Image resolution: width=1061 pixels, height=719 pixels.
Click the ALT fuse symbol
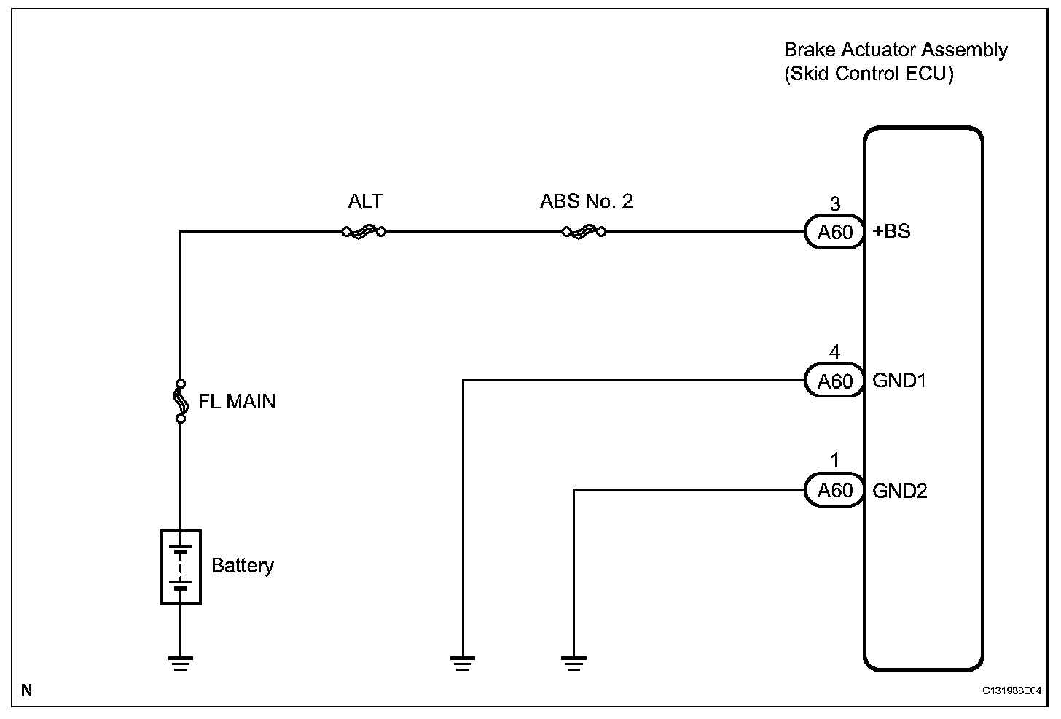coord(364,232)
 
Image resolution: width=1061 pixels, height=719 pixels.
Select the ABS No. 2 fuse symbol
coord(584,232)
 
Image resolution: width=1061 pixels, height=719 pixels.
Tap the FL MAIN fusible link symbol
coord(180,400)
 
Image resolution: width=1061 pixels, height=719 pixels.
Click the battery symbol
coord(180,567)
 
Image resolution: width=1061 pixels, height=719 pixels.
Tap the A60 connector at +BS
coord(834,233)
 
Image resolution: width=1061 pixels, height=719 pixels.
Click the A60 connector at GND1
coord(834,381)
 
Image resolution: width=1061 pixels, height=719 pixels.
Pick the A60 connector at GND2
coord(834,490)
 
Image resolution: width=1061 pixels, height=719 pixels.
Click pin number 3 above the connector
coord(835,204)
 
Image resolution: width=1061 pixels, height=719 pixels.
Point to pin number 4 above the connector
coord(835,353)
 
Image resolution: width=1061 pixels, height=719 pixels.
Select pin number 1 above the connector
coord(835,461)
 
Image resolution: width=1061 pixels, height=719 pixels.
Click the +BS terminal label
coord(892,233)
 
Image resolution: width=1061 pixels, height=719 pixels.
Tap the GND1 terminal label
coord(899,381)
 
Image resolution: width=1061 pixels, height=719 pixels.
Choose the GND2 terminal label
coord(900,491)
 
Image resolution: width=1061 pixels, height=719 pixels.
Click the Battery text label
coord(243,566)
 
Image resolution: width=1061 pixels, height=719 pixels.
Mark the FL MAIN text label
coord(238,402)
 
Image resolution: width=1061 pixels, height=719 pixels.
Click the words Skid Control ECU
coord(869,74)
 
